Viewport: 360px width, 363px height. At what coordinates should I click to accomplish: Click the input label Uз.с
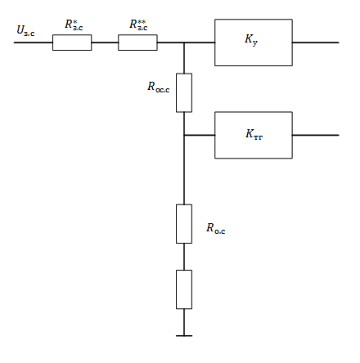tap(25, 30)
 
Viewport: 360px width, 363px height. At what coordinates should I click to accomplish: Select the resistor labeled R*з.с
tap(72, 43)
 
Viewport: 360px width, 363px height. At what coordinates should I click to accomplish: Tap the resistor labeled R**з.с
tap(137, 43)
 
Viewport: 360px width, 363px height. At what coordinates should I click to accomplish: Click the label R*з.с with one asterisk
tap(74, 25)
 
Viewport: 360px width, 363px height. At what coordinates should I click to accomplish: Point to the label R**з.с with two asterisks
tap(138, 25)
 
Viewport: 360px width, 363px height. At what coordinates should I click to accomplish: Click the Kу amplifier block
tap(254, 43)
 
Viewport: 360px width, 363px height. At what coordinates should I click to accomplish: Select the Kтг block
tap(254, 135)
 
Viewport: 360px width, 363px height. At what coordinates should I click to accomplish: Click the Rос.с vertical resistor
tap(184, 92)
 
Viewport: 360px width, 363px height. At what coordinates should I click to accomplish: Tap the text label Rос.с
tap(159, 87)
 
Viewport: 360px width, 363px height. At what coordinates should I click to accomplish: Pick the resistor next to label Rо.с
tap(184, 224)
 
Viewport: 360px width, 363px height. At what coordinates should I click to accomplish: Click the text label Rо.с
tap(216, 228)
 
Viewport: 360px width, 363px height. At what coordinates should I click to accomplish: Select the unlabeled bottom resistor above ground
tap(184, 289)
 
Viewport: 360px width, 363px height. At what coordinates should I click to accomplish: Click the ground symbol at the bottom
tap(184, 336)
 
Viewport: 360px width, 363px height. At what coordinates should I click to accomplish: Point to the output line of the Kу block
tap(316, 43)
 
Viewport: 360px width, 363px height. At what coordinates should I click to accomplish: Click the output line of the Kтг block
tap(316, 135)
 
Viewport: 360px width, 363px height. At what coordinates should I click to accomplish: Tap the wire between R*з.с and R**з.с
tap(105, 43)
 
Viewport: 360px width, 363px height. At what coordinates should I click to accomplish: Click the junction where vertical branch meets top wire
tap(184, 43)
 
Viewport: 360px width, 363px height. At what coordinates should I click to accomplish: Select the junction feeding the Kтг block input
tap(184, 135)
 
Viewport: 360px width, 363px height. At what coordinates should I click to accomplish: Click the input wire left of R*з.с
tap(34, 43)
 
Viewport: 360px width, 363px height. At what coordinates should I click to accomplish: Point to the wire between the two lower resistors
tap(184, 257)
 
